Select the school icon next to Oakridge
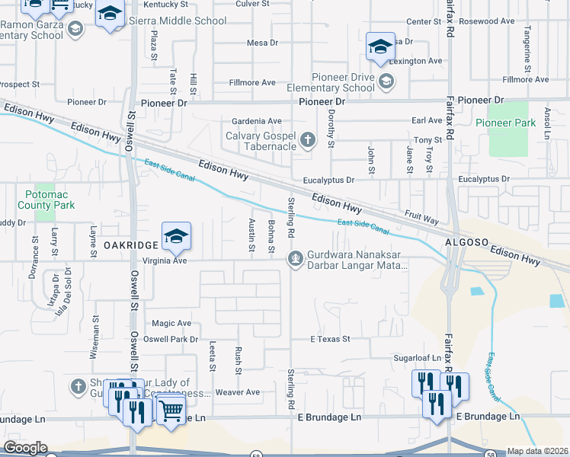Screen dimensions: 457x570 (x=176, y=237)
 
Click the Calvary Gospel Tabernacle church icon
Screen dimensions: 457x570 (x=308, y=139)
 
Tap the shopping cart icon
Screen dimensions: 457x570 (x=172, y=411)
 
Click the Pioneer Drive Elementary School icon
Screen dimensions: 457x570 (x=386, y=81)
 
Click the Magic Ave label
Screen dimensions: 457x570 (x=171, y=323)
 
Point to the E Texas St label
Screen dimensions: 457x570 (x=330, y=338)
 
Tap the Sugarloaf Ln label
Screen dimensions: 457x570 (x=418, y=357)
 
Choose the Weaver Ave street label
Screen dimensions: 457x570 (x=238, y=392)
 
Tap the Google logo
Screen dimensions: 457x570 (x=25, y=447)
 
